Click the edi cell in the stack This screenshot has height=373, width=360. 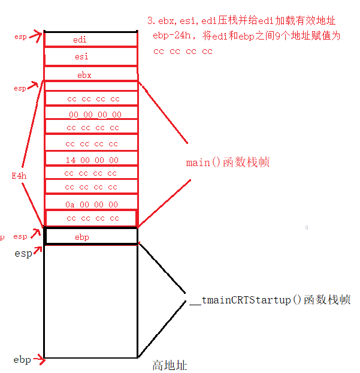point(91,40)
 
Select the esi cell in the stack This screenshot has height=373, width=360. point(91,57)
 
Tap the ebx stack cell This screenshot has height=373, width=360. point(91,75)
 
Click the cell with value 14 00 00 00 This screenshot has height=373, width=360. point(92,160)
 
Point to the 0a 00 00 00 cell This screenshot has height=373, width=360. point(92,204)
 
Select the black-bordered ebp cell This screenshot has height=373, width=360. point(91,237)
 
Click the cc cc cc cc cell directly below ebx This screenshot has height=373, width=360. point(92,98)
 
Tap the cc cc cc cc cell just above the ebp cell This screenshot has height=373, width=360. point(92,218)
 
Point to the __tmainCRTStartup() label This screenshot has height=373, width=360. point(269,300)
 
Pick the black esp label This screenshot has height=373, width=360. point(23,254)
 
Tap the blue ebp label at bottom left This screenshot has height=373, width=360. point(22,360)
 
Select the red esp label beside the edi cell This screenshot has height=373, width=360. point(20,37)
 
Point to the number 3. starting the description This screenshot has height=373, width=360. point(150,21)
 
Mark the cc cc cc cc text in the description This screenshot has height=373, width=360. point(183,51)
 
